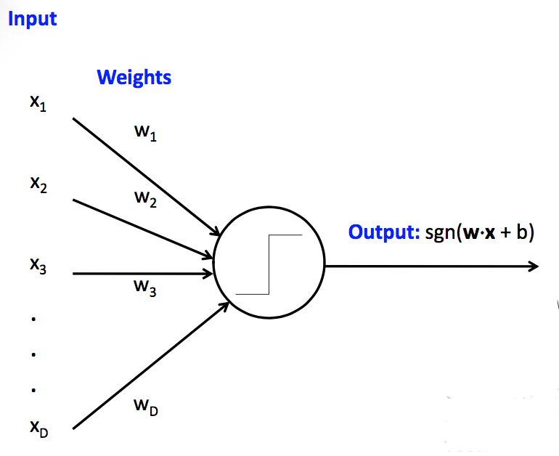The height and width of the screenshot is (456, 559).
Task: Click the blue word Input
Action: click(32, 18)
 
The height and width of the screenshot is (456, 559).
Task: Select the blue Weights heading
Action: click(134, 77)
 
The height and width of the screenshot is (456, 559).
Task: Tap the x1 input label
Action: click(38, 104)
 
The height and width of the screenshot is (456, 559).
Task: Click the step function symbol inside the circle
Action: click(269, 264)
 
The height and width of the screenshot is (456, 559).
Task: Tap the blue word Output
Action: click(383, 232)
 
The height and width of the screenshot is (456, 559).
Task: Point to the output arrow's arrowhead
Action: click(534, 266)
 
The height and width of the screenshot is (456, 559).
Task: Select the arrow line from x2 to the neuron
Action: click(142, 228)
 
